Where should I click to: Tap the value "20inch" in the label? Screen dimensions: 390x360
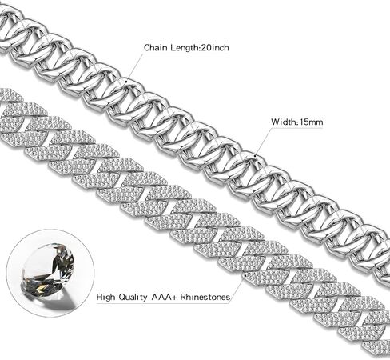point(215,48)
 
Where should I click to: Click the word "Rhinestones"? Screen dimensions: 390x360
point(205,297)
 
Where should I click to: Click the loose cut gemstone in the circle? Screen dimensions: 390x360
point(48,270)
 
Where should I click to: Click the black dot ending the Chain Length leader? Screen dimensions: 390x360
point(126,79)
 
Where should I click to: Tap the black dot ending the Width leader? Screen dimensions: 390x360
point(255,155)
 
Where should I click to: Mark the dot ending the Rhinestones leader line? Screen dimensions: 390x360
point(245,274)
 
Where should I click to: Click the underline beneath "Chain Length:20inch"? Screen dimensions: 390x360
point(186,54)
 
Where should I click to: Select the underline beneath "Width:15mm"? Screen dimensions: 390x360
point(297,128)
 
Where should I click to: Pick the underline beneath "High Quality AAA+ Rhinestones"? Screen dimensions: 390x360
point(163,303)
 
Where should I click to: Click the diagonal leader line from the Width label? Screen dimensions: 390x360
point(263,142)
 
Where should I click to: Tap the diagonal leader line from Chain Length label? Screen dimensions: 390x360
point(134,66)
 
